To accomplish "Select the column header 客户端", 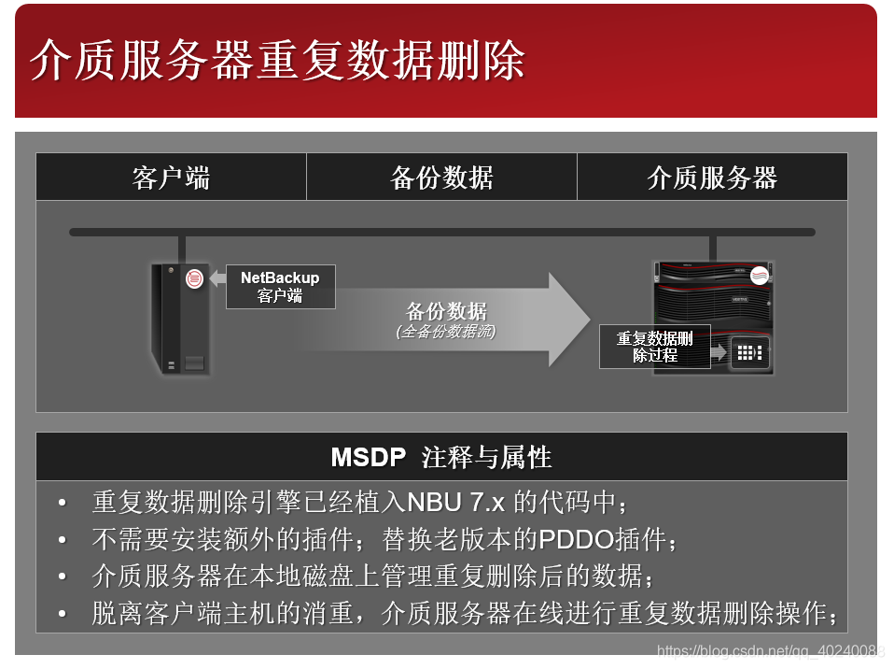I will (171, 178).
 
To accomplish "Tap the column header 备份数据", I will (441, 178).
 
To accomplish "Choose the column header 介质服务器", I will (712, 178).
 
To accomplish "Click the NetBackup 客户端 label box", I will (280, 287).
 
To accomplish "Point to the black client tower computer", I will (180, 320).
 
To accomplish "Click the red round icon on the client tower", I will (195, 278).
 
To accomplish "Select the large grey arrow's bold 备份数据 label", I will (446, 312).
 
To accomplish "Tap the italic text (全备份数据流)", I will (446, 332).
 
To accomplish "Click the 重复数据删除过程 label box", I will (654, 347).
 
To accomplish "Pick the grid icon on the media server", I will (749, 353).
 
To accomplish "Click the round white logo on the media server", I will (759, 276).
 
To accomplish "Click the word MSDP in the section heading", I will (369, 457).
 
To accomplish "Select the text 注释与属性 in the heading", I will (486, 457).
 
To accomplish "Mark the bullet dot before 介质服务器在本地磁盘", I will (63, 576).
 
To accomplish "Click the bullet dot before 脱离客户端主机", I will (63, 614).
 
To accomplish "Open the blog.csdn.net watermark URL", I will (771, 651).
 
